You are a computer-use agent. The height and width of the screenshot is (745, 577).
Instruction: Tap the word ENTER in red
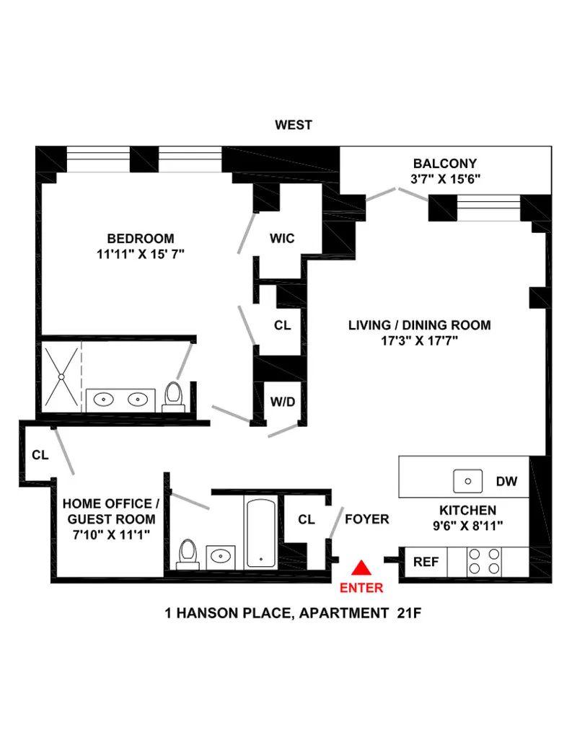361,588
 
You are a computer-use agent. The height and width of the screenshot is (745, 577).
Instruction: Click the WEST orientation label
294,125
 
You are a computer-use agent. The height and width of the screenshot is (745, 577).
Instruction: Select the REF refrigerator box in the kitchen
426,562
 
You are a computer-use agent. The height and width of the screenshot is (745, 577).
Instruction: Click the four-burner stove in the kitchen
483,562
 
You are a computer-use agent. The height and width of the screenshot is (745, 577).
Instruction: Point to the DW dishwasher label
506,481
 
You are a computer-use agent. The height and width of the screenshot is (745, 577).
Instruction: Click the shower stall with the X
61,376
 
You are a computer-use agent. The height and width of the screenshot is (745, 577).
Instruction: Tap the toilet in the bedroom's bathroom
173,396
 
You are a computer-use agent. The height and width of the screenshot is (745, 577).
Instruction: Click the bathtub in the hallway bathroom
259,532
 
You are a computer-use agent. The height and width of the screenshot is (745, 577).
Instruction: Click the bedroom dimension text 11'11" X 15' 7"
140,254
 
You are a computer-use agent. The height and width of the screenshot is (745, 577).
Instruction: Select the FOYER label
366,519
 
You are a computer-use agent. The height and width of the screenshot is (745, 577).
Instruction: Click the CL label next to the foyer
307,519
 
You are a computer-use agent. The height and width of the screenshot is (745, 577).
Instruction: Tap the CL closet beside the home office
39,455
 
